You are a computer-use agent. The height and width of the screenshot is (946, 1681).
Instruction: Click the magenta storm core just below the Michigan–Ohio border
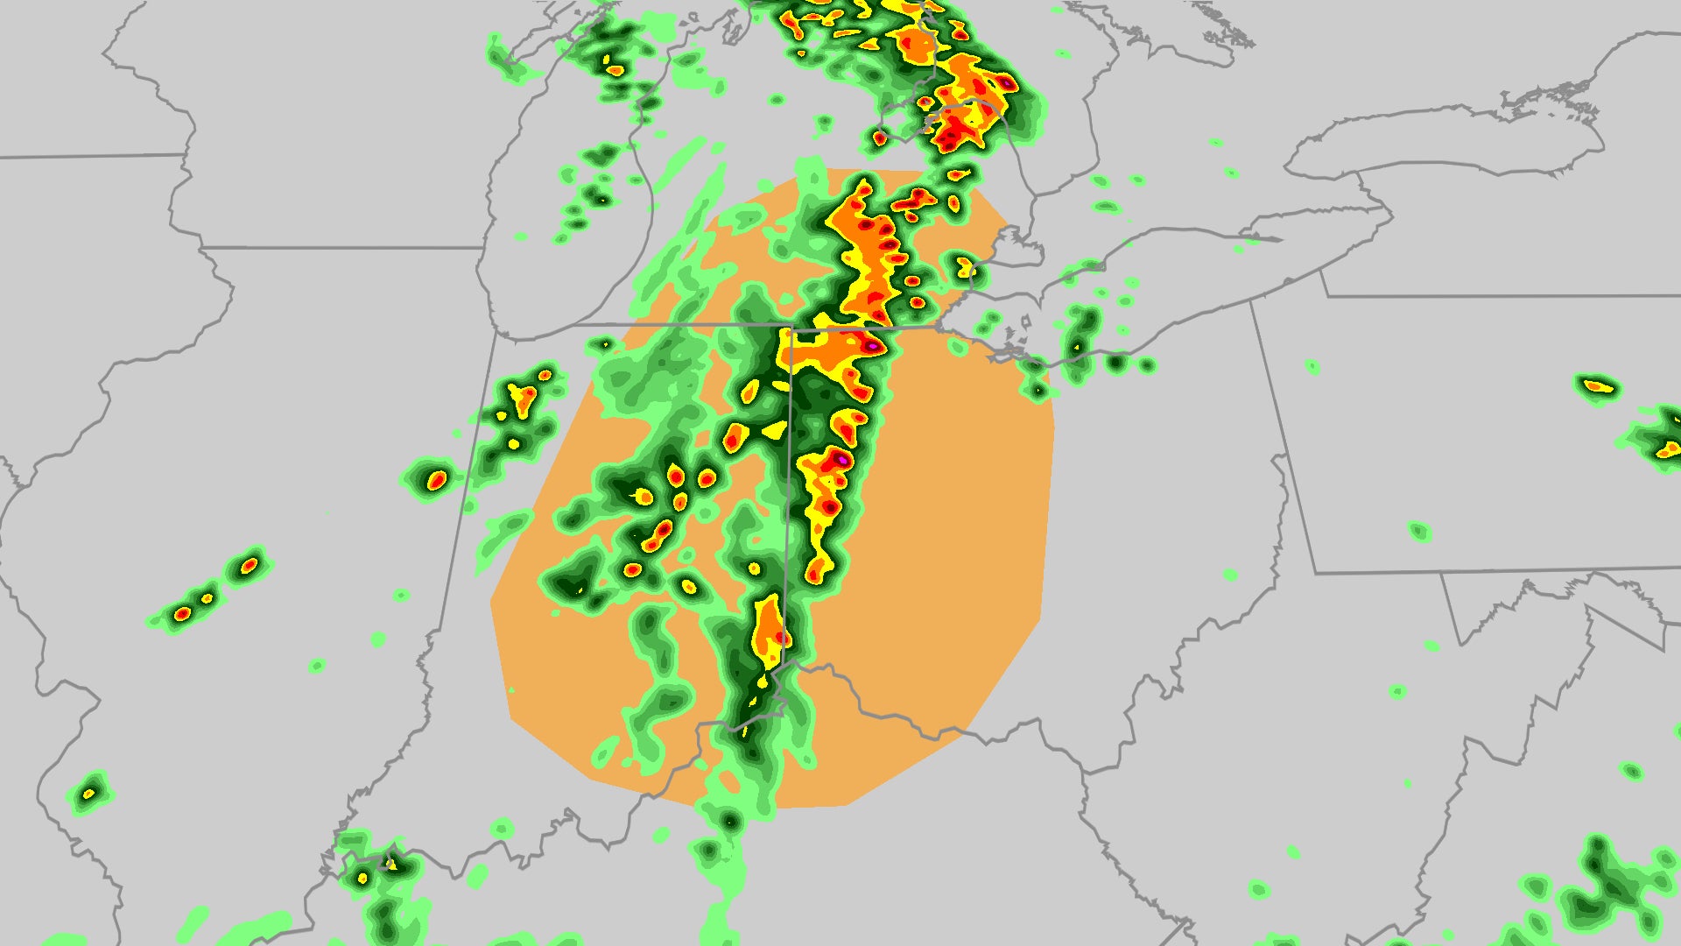point(872,347)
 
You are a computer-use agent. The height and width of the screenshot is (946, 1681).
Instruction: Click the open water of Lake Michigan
point(569,263)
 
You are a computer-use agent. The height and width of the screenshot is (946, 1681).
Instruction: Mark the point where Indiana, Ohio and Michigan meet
point(791,327)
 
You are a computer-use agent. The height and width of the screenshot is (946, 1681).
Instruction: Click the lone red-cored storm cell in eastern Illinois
point(437,480)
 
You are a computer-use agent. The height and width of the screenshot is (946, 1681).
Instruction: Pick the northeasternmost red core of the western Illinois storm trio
point(250,565)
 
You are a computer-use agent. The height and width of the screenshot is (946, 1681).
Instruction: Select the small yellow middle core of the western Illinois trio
point(207,598)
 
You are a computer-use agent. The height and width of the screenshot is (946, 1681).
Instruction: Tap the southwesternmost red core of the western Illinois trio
point(182,613)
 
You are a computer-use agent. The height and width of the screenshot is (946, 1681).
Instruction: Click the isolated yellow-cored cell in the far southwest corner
point(88,794)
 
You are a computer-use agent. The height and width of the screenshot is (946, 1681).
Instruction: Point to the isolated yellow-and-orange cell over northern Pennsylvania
point(1598,385)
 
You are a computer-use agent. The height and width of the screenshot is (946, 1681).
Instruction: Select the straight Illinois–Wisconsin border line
point(341,248)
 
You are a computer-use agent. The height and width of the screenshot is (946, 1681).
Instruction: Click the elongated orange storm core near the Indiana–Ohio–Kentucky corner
point(770,625)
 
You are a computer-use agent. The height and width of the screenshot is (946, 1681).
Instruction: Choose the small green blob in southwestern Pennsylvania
point(1419,531)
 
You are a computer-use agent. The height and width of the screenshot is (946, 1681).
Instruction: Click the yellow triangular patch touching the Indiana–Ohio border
point(775,430)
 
